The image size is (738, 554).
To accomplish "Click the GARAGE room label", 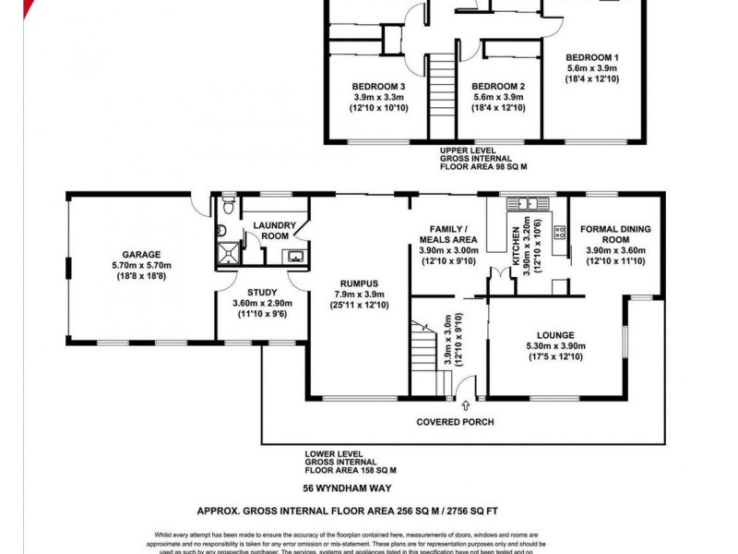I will [x=141, y=254].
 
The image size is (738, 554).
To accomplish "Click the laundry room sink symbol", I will [x=295, y=256].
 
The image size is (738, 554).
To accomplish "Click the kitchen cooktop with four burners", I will [x=559, y=233].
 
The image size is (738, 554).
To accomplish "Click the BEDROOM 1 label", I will [x=592, y=57].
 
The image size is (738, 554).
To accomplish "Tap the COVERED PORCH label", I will [x=456, y=422].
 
